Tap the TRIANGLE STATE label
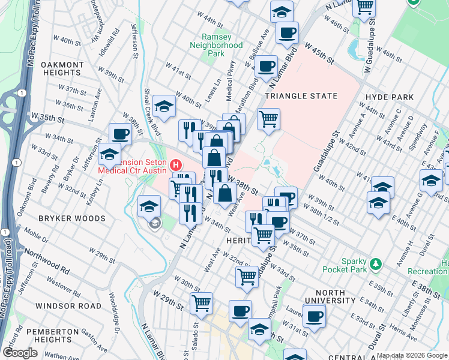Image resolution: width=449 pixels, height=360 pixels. tap(301, 96)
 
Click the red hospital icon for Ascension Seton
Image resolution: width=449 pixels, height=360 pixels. tap(176, 164)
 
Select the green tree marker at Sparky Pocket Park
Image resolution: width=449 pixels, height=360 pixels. tap(376, 263)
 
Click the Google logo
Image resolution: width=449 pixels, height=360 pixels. tap(20, 353)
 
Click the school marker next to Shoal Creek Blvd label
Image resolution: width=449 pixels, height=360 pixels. tap(164, 106)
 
